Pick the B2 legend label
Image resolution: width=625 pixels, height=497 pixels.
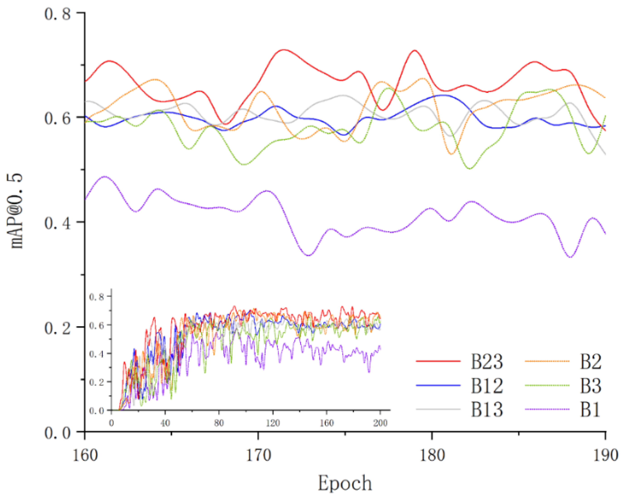[591, 362]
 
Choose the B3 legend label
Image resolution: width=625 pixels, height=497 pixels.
[591, 386]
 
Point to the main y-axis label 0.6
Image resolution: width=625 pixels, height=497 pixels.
[57, 118]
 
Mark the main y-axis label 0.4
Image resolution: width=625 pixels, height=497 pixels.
[57, 223]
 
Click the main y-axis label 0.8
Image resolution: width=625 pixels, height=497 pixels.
[57, 13]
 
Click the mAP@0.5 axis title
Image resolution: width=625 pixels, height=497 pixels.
[16, 211]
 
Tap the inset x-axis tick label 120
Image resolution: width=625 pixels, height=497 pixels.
[273, 423]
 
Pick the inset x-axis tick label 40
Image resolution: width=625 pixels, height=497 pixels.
[165, 423]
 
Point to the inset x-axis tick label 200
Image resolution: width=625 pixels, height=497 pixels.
[380, 423]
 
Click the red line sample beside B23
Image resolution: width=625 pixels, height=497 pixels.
[438, 361]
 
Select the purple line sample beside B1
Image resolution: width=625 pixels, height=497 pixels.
[547, 409]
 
